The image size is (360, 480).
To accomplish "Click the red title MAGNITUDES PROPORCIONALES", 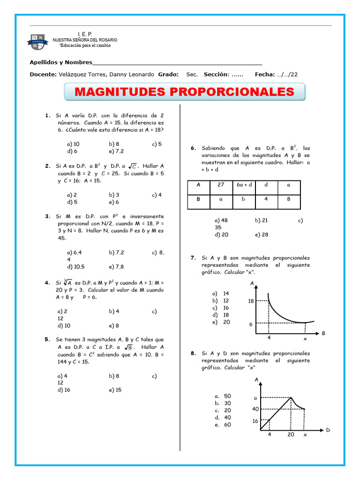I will pos(184,91).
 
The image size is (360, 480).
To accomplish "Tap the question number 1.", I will pos(47,115).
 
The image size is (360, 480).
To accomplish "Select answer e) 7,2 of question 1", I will pos(116,151).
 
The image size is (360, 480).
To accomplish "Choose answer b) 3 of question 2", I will pos(114,195).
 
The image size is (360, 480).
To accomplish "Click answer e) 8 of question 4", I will pos(114,325).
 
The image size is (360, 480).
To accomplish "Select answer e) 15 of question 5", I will pos(115,390).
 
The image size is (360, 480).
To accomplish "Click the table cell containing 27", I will pos(221,185).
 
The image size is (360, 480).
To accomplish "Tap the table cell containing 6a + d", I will pos(244,185).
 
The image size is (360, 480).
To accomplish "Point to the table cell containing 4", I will pos(266,199).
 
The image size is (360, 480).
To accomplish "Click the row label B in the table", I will pos(198,199).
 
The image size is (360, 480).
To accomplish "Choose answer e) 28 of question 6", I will pos(262,234).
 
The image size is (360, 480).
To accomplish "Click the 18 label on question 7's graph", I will pos(251,301).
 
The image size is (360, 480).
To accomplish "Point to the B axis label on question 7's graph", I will pos(323,333).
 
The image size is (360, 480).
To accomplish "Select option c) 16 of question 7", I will pos(221,308).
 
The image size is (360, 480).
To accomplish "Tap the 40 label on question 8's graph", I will pos(255,409).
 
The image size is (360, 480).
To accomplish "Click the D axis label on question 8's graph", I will pos(328,430).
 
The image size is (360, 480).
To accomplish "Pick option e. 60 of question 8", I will pos(223,425).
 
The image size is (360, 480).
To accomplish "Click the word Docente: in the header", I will pos(43,75).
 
